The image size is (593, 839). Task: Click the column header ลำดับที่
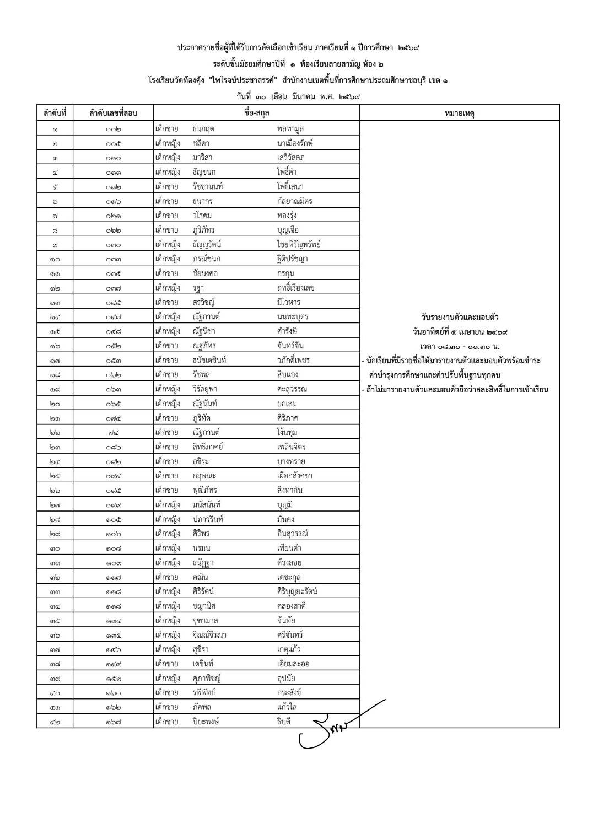tap(55, 113)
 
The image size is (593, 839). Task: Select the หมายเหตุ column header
tap(459, 113)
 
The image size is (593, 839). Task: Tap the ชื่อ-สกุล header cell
tap(256, 113)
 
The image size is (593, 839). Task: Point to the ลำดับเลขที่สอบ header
tap(113, 113)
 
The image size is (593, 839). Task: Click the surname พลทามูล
tap(290, 129)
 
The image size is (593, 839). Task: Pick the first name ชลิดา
tap(201, 143)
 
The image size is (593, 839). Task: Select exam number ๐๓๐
tap(113, 245)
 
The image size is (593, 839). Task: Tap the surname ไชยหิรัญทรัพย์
tap(299, 244)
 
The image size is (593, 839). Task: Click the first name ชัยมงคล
tap(205, 273)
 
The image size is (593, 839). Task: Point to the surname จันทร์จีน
tap(290, 346)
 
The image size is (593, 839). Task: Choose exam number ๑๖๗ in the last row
tap(113, 722)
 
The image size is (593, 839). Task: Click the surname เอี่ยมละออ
tap(293, 664)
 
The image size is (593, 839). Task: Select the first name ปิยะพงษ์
tap(206, 722)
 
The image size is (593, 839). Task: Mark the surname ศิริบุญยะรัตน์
tap(297, 591)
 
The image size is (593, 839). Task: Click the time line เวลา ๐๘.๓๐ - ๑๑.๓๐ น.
tap(459, 346)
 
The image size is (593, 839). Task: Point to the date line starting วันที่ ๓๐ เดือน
tap(298, 96)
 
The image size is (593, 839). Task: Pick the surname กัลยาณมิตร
tap(295, 201)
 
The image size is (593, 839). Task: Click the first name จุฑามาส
tap(205, 620)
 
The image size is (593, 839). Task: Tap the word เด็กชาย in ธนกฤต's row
tap(167, 129)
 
